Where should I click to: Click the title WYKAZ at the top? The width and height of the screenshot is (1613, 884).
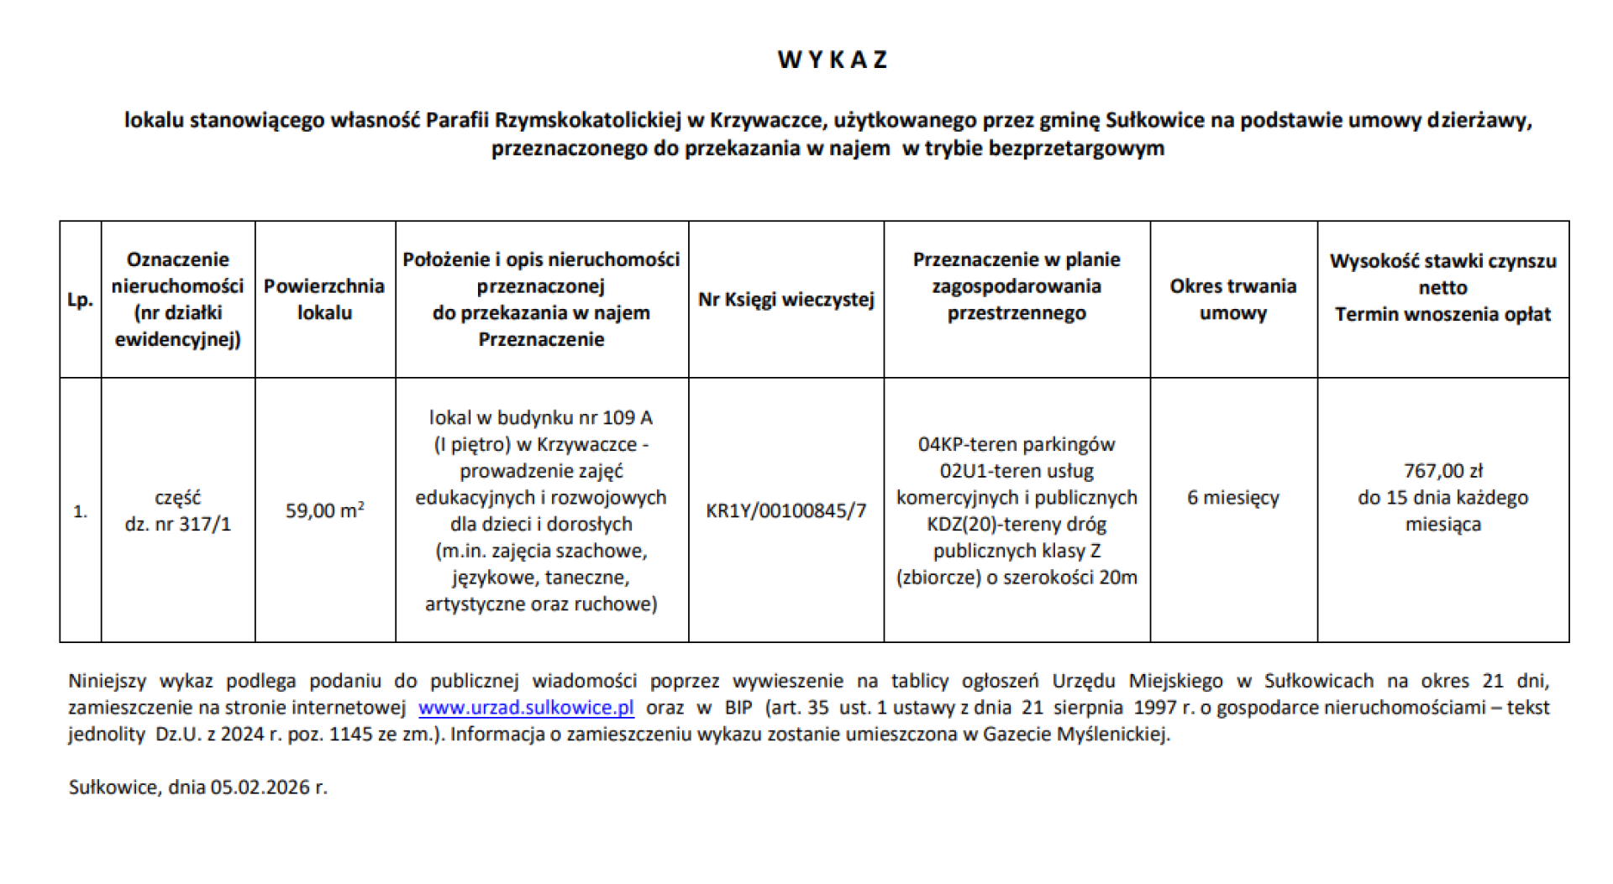click(x=833, y=60)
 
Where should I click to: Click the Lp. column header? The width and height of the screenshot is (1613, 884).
click(x=80, y=300)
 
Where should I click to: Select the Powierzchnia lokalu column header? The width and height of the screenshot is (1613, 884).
click(x=324, y=299)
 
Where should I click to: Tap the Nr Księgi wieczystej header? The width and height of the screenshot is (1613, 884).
click(x=785, y=300)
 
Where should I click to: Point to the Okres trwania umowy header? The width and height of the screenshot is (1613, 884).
click(x=1232, y=299)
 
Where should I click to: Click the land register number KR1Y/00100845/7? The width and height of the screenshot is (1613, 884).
click(x=785, y=510)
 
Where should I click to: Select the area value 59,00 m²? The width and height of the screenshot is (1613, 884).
click(x=324, y=510)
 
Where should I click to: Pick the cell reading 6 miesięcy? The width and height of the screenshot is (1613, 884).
click(x=1232, y=497)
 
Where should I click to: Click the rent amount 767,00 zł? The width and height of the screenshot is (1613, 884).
click(x=1442, y=471)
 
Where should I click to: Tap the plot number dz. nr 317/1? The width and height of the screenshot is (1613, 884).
click(x=177, y=524)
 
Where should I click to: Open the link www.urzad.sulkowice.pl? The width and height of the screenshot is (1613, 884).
click(x=526, y=708)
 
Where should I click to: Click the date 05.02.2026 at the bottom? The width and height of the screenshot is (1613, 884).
click(x=260, y=787)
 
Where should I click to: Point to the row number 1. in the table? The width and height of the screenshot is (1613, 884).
click(x=80, y=510)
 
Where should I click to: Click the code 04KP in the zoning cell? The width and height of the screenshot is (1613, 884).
click(x=941, y=444)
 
